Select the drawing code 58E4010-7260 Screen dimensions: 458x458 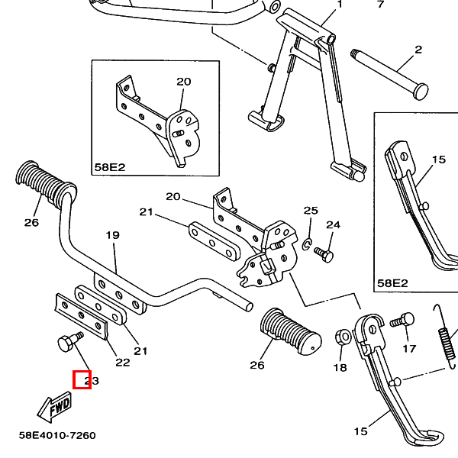(x=57, y=436)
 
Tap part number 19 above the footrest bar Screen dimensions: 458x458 (x=112, y=235)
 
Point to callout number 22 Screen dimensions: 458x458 (x=123, y=362)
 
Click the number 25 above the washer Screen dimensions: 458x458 (x=311, y=210)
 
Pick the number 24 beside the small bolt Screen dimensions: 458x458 (x=333, y=224)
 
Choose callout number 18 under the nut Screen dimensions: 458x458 (x=340, y=368)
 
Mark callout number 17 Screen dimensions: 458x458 (x=409, y=349)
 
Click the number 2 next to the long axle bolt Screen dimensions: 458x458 (x=418, y=50)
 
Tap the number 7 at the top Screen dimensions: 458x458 (x=381, y=4)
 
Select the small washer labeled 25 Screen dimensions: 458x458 (x=307, y=244)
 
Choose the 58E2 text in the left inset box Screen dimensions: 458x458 (x=109, y=166)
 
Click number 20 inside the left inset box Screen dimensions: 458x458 (x=184, y=82)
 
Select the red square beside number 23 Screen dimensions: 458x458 (x=82, y=379)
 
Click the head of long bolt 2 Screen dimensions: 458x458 (x=415, y=91)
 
